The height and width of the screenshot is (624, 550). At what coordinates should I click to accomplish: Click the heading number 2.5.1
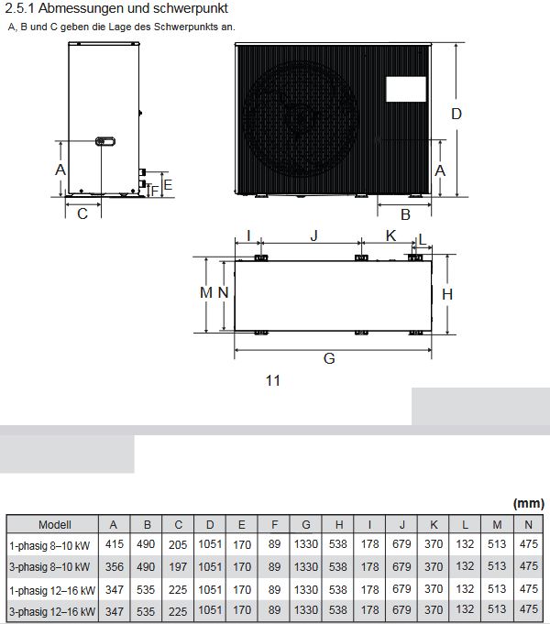19,8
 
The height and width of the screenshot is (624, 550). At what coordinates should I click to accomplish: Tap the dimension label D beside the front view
456,114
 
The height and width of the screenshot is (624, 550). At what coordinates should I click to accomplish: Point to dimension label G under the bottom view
329,358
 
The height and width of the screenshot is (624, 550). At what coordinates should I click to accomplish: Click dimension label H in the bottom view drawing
447,293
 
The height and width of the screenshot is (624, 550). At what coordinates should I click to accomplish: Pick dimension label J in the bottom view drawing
313,235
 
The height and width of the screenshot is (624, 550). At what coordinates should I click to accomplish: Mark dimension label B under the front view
404,214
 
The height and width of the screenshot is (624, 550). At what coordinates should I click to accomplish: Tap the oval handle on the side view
104,141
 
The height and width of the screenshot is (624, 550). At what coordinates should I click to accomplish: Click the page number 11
272,381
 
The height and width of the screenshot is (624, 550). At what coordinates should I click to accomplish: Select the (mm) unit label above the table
528,503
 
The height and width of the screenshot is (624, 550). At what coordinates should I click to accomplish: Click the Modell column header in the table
54,524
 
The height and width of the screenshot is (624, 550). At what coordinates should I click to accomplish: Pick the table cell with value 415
114,544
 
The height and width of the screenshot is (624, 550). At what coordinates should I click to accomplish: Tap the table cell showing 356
114,566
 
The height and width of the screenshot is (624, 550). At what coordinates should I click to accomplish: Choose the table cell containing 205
178,544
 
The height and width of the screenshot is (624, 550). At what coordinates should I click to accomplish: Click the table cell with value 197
178,566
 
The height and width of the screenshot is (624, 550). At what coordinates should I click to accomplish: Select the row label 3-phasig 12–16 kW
51,610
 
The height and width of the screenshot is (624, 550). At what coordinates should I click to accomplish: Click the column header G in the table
305,524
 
